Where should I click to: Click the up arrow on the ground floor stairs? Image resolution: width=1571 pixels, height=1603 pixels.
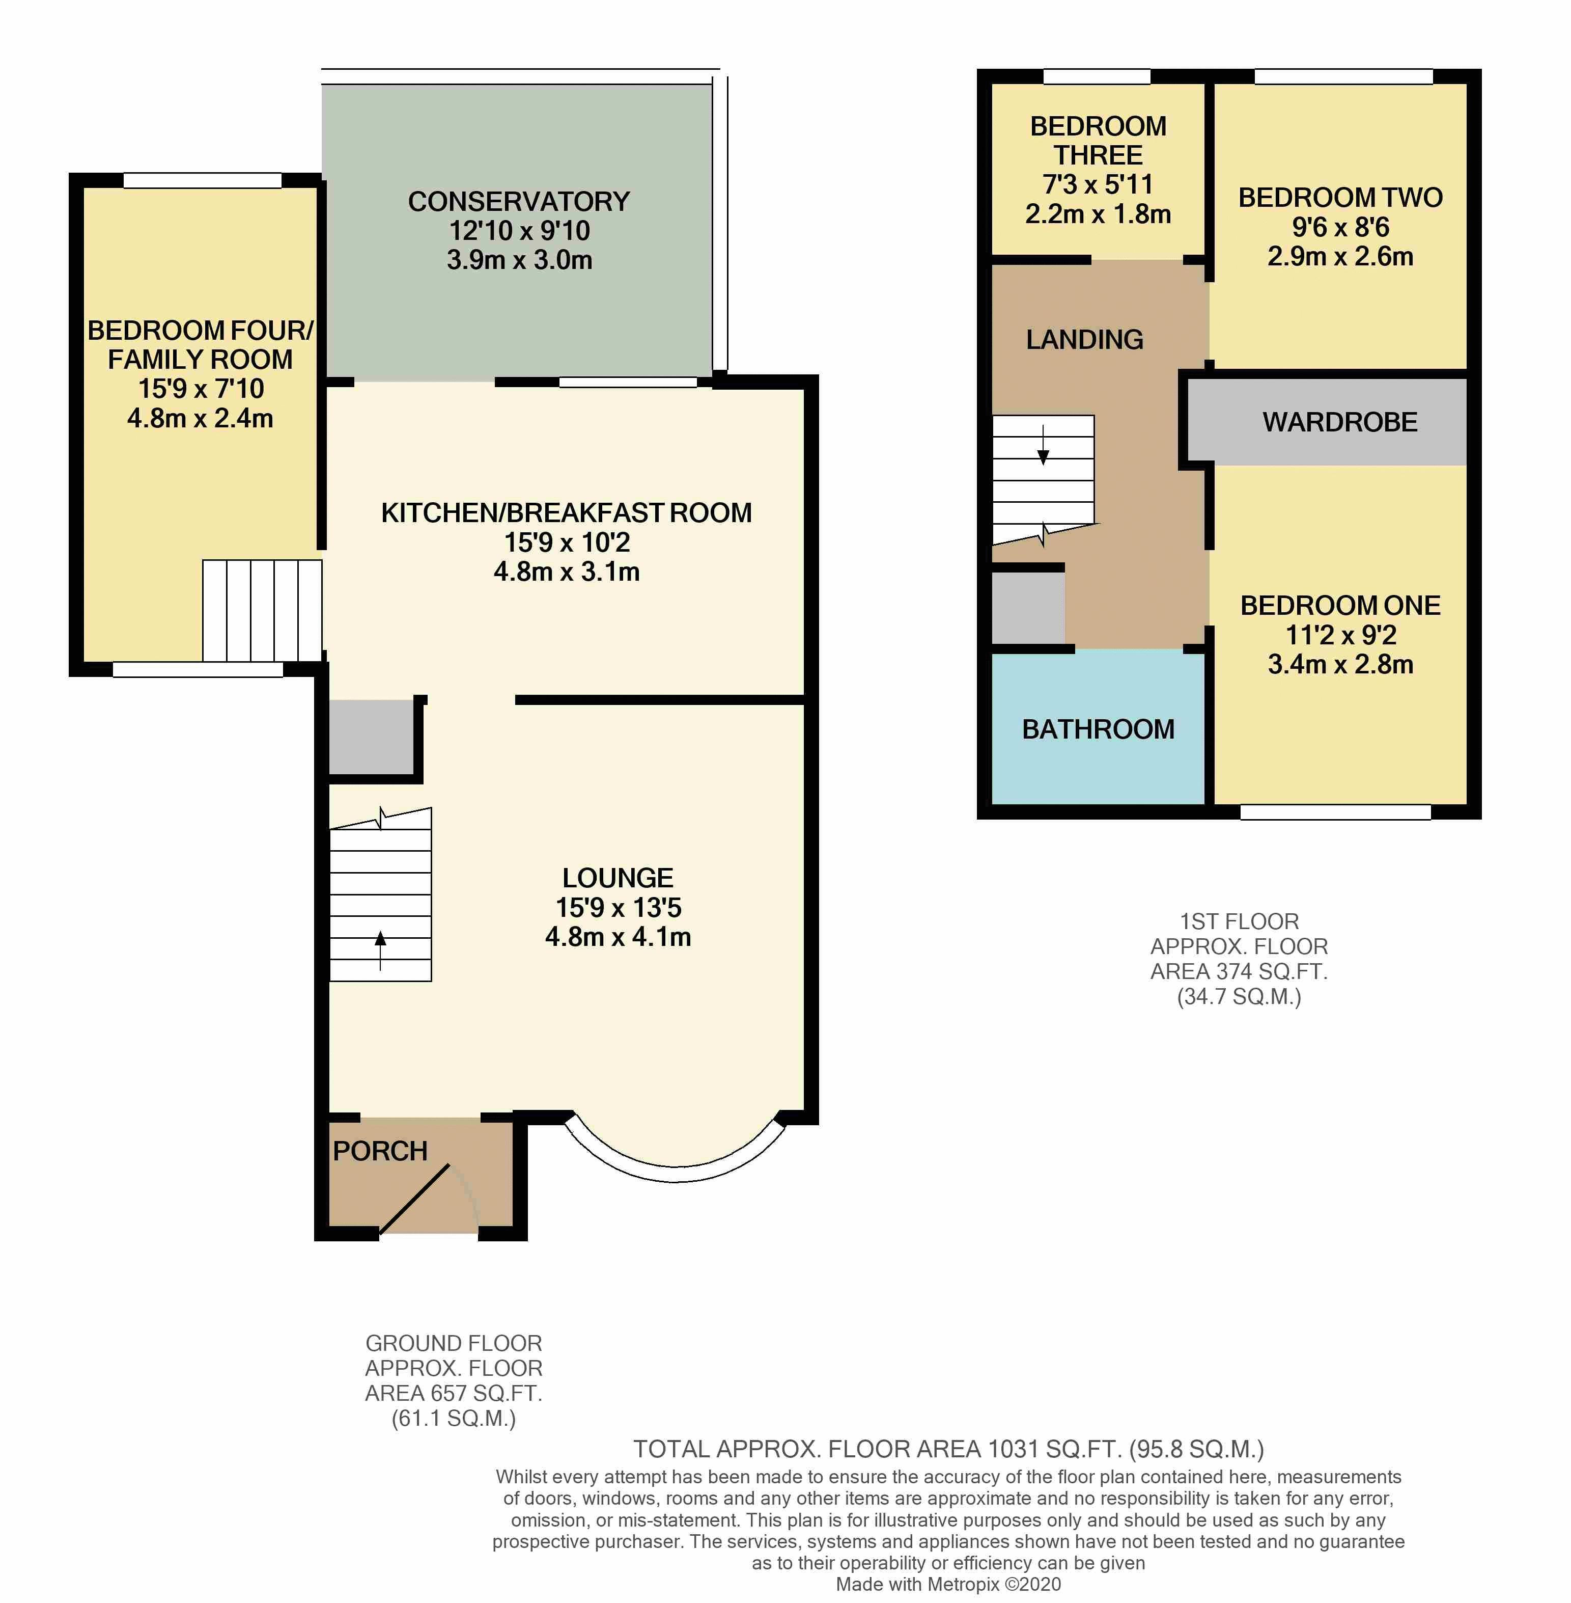click(x=380, y=949)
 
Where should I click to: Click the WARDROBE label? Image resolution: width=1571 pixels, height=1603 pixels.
click(x=1340, y=423)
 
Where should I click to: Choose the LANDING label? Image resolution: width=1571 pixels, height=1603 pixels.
click(x=1084, y=339)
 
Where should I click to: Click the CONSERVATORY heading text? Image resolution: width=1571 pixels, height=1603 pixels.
click(x=519, y=201)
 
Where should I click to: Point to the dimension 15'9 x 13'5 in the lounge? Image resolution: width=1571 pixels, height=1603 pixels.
click(x=618, y=907)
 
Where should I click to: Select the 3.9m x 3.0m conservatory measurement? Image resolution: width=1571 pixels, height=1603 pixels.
click(x=519, y=260)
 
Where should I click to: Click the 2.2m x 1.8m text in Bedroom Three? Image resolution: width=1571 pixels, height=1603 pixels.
click(x=1098, y=214)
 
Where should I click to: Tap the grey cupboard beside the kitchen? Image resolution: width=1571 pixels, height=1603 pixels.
click(x=371, y=737)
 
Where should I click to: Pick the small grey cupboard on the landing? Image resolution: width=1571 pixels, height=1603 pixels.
click(x=1028, y=608)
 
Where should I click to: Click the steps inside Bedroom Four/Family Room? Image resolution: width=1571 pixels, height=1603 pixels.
click(x=262, y=611)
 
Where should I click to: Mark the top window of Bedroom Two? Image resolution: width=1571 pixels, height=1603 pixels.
click(x=1343, y=77)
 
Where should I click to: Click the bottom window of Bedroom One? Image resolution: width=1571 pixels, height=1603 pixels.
click(x=1335, y=812)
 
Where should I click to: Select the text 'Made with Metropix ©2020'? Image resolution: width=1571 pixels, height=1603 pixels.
click(x=948, y=1584)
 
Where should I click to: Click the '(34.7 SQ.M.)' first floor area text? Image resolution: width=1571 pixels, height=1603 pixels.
click(x=1239, y=997)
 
